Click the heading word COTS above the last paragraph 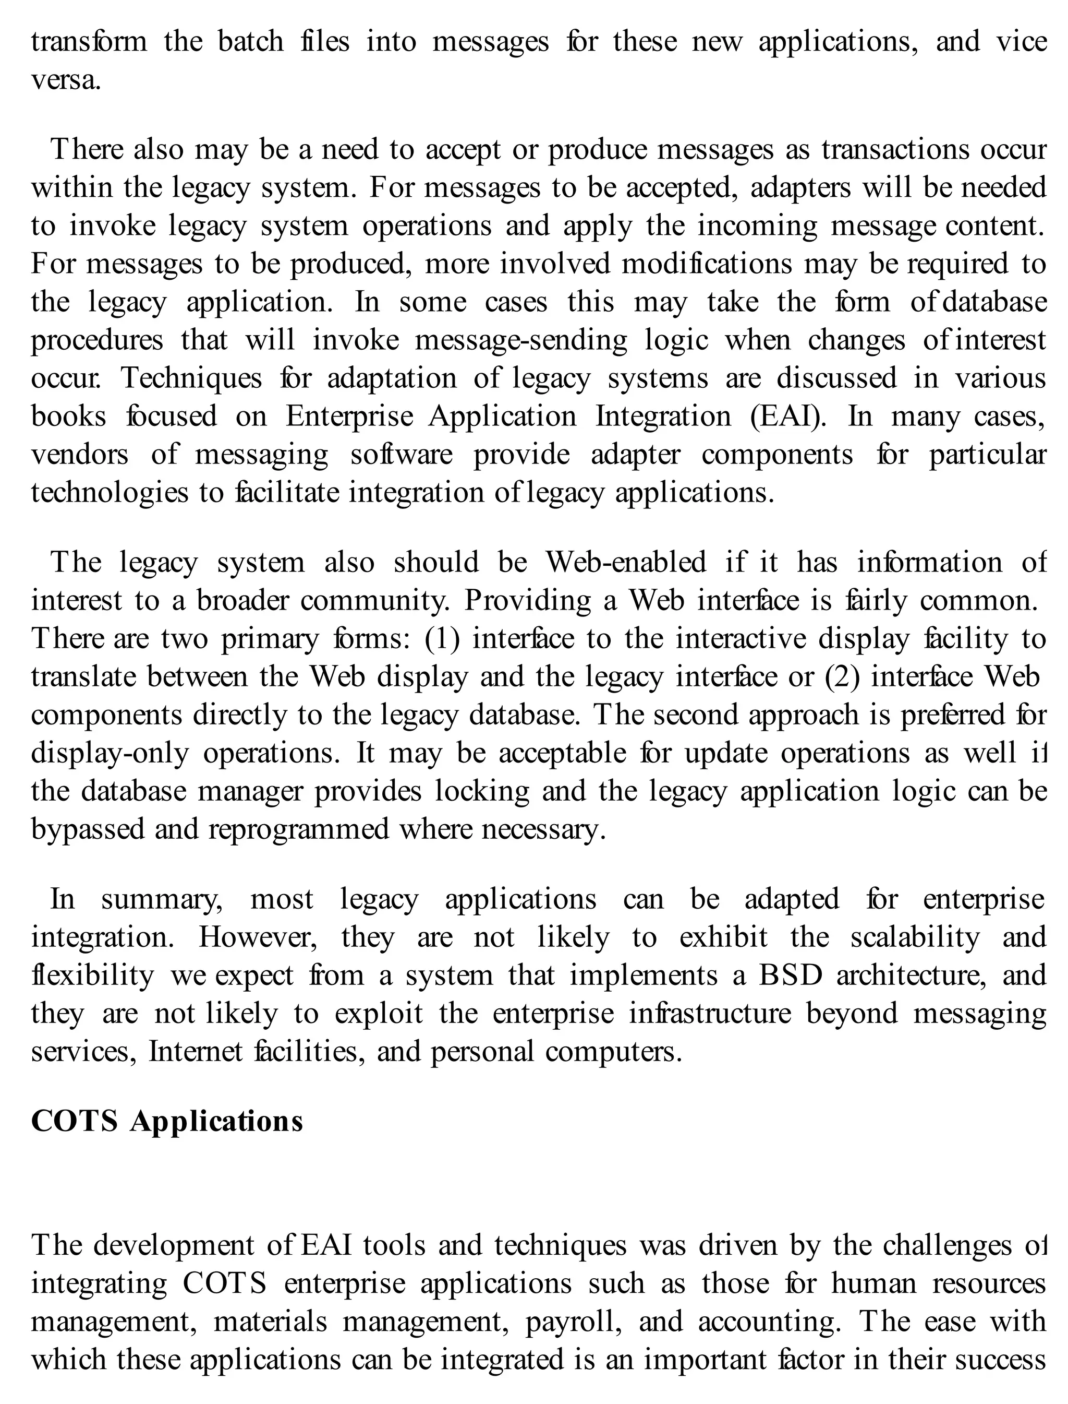point(75,1122)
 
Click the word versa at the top point(66,81)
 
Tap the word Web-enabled point(626,562)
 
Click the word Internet point(195,1052)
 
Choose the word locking point(482,791)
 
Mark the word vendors point(79,455)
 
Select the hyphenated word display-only point(110,753)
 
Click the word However point(258,937)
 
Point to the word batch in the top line point(250,42)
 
